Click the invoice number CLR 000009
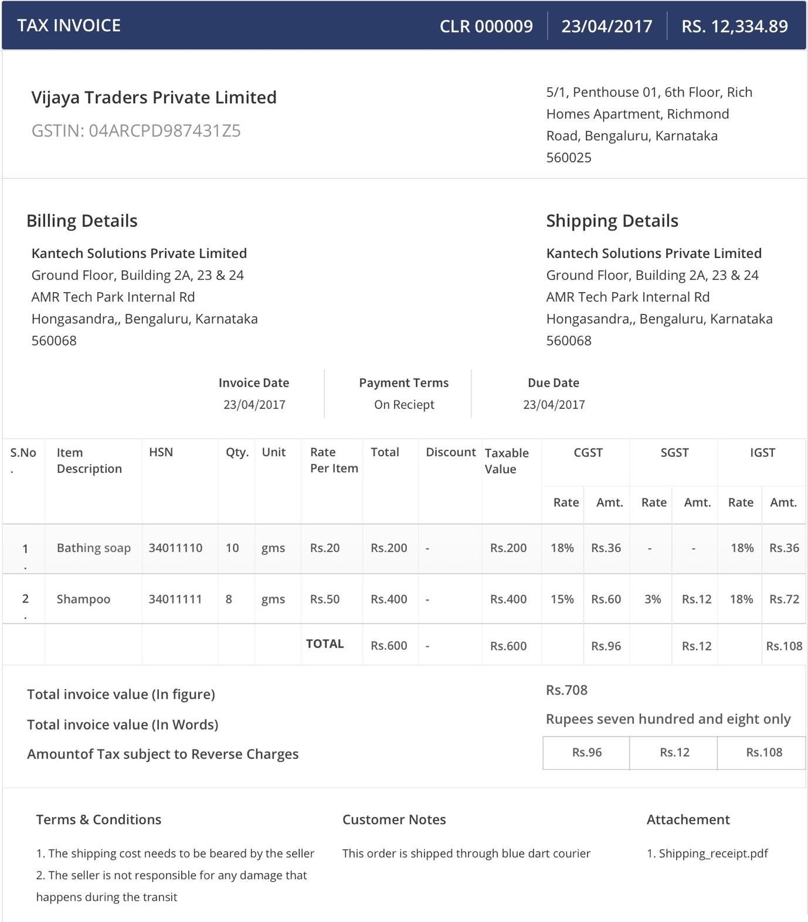(x=486, y=26)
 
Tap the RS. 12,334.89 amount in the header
(x=734, y=26)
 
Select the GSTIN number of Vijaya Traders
(x=136, y=131)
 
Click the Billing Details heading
(x=82, y=221)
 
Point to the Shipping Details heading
(x=612, y=221)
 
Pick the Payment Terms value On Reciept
(x=404, y=405)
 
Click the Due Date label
(x=553, y=383)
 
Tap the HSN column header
(x=161, y=452)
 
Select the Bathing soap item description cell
(x=93, y=548)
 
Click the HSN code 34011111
(x=175, y=599)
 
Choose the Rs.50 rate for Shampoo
(x=324, y=599)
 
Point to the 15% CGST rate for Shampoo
(x=562, y=599)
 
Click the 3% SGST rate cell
(x=652, y=599)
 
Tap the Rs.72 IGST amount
(x=784, y=599)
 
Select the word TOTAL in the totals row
(x=325, y=644)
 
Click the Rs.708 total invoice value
(x=566, y=690)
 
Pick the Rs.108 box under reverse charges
(x=763, y=752)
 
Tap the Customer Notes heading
(x=394, y=820)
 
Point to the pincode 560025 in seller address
(x=569, y=158)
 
